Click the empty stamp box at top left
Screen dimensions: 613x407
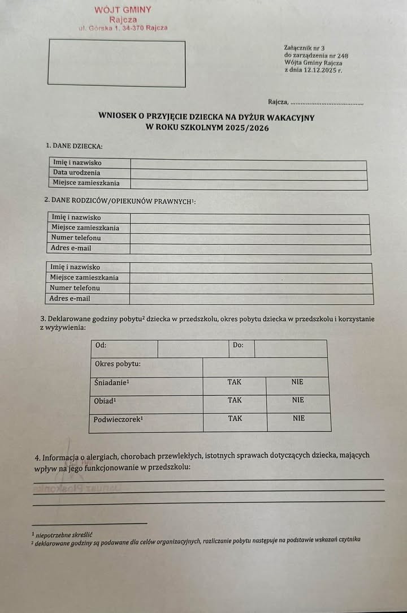point(117,63)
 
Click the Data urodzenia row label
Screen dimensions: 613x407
point(77,173)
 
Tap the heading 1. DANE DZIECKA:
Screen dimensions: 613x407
point(74,146)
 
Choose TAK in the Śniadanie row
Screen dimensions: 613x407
point(235,382)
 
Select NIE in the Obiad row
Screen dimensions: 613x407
point(298,400)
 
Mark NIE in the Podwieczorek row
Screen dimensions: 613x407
point(298,419)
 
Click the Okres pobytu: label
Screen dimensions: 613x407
point(118,363)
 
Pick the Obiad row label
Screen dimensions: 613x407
point(105,401)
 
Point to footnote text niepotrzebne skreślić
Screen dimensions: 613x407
point(64,534)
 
